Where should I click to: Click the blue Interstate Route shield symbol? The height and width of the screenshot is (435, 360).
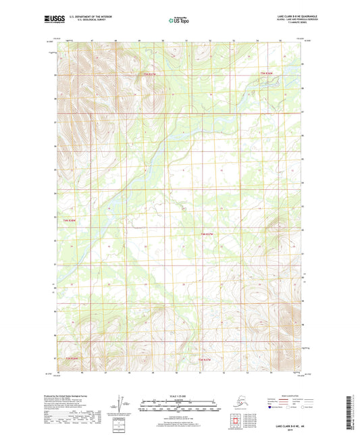[270, 407]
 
